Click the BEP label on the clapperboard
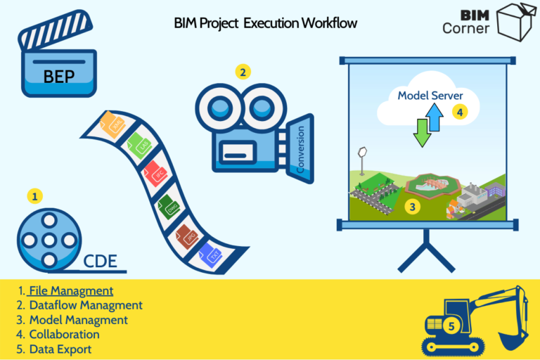pyautogui.click(x=59, y=77)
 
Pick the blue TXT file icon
pyautogui.click(x=210, y=255)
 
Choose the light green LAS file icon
pyautogui.click(x=138, y=146)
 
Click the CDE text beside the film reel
pyautogui.click(x=100, y=262)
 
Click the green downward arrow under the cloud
pyautogui.click(x=422, y=131)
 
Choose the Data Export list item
pyautogui.click(x=60, y=349)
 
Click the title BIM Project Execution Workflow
pyautogui.click(x=265, y=23)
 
